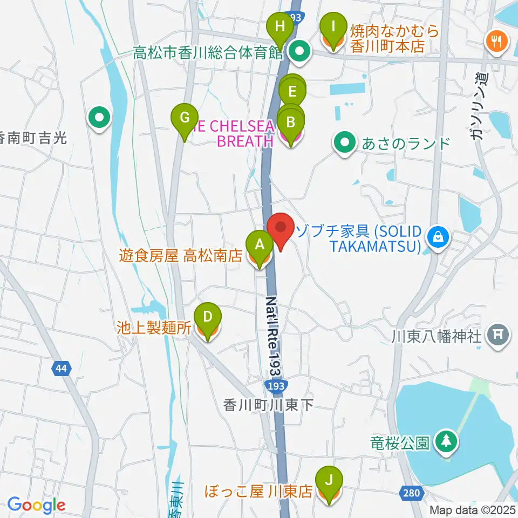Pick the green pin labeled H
pyautogui.click(x=280, y=28)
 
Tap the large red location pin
pyautogui.click(x=281, y=229)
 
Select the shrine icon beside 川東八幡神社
pyautogui.click(x=497, y=336)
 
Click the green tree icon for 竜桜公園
pyautogui.click(x=446, y=442)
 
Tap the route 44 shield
pyautogui.click(x=62, y=369)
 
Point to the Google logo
pyautogui.click(x=36, y=505)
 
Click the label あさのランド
pyautogui.click(x=406, y=144)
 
